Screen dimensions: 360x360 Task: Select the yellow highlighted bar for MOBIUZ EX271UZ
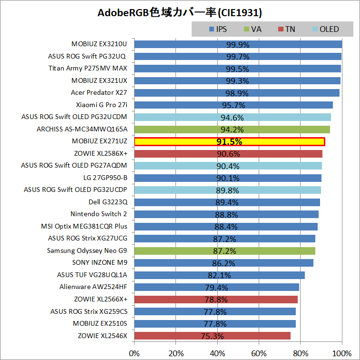[230, 141]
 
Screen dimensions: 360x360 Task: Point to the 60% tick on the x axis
[259, 353]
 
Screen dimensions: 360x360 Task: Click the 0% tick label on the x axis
[135, 353]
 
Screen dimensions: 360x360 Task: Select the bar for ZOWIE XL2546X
[212, 336]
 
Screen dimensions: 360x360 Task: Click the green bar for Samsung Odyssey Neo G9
[224, 251]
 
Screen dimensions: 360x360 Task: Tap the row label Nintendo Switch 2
[98, 214]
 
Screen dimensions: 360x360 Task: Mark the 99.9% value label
[238, 45]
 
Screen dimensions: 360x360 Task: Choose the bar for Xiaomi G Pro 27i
[234, 105]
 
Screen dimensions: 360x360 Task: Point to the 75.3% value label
[213, 336]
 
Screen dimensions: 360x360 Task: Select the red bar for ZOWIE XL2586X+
[228, 154]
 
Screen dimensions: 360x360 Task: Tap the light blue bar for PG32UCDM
[233, 117]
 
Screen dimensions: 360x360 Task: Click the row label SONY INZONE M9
[100, 263]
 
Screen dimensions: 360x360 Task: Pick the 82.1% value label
[219, 275]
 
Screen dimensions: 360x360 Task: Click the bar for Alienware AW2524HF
[217, 287]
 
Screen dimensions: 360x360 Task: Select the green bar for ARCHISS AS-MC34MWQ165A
[232, 130]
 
